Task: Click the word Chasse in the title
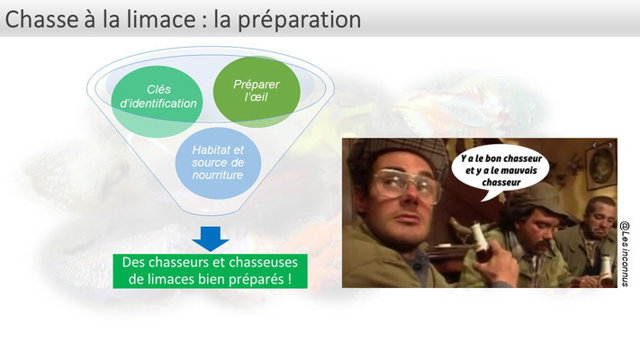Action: coord(41,19)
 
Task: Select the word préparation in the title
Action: coord(299,21)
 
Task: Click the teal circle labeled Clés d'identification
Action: coord(158,102)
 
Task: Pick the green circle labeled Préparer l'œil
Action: coord(257,92)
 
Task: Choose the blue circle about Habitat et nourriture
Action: coord(218,163)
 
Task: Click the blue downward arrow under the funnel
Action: coord(211,238)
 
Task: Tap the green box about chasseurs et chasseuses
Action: coord(211,271)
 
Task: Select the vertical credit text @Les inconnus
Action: coord(625,254)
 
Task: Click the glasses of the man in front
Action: coord(406,185)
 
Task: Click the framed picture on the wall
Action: coord(601,166)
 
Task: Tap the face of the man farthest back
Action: coord(600,221)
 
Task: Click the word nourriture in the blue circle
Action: coord(218,175)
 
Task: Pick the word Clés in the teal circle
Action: coord(158,89)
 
